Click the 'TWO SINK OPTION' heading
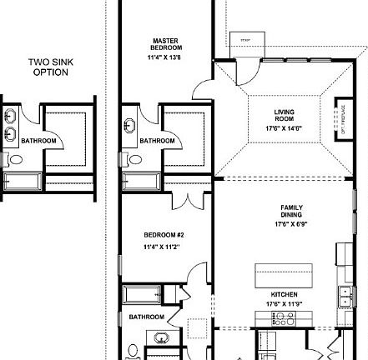point(49,67)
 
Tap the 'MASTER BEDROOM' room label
point(161,43)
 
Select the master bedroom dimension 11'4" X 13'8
point(162,58)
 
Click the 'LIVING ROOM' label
point(284,114)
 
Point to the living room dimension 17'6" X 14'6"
point(284,128)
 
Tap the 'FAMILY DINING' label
point(291,211)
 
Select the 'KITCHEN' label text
point(284,294)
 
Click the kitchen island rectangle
point(284,274)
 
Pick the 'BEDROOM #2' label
point(158,236)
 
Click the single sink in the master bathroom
point(130,126)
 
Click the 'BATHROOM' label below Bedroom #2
point(146,317)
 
